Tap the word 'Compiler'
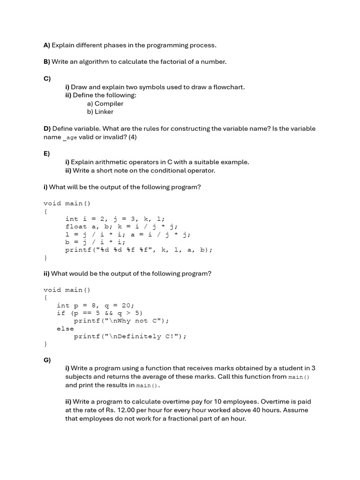tap(109, 104)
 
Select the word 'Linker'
tap(104, 112)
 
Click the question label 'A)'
tap(46, 45)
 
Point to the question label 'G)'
tap(47, 360)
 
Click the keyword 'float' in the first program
tap(76, 226)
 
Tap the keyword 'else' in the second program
tap(65, 329)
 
